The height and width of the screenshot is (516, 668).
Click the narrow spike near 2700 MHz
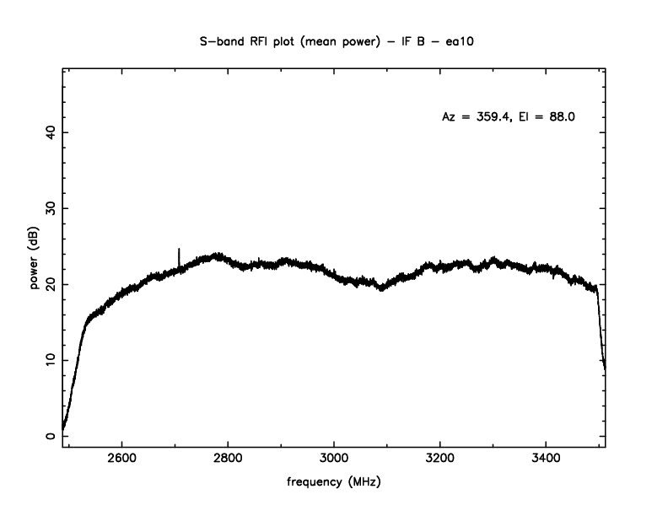(179, 255)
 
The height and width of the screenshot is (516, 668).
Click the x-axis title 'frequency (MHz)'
(334, 483)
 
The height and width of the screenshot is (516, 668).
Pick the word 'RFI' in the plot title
(258, 40)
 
